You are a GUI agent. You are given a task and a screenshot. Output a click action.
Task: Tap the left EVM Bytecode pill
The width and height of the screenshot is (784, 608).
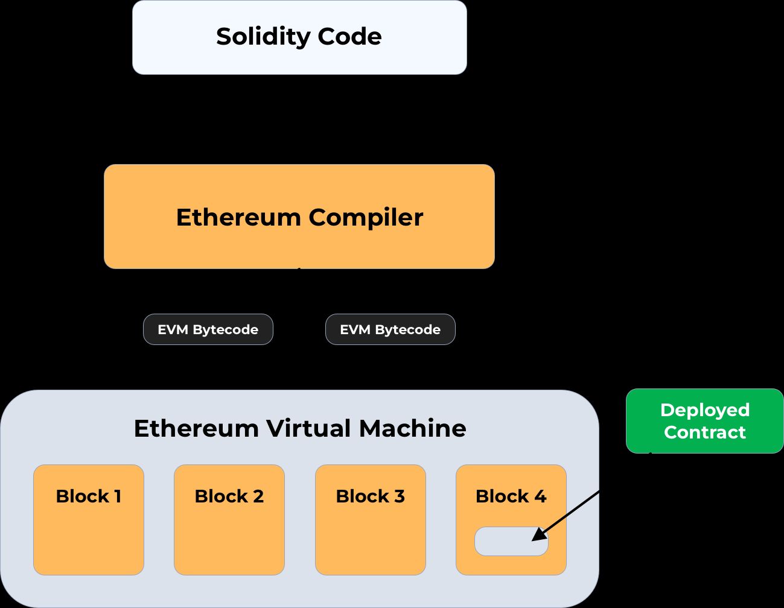point(208,329)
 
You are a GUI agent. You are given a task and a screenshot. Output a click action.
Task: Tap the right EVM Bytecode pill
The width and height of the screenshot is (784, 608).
point(390,329)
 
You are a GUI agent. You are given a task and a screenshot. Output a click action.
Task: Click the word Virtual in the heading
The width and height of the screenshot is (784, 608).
point(308,428)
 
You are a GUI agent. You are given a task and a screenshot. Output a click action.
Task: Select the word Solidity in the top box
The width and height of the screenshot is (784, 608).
point(263,36)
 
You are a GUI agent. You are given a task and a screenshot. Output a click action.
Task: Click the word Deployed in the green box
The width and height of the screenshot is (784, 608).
point(704,410)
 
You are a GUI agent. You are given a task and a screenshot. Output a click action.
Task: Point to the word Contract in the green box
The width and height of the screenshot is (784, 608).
point(704,432)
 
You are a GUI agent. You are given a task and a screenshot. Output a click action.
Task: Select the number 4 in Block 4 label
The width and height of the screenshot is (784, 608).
point(540,496)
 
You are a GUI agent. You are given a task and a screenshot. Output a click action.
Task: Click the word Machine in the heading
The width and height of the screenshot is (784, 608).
point(412,428)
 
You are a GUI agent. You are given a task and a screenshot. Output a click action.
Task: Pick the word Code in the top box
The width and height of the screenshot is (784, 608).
point(349,36)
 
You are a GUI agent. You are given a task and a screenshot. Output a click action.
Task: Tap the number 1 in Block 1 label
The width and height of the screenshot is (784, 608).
point(118,496)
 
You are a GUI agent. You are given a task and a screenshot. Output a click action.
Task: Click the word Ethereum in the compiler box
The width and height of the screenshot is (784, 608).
point(238,217)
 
